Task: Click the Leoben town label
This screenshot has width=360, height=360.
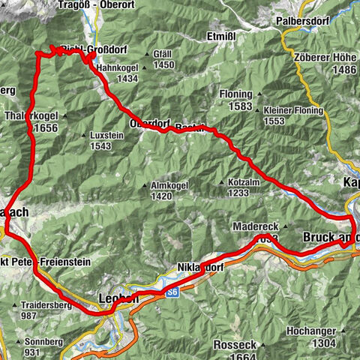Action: click(x=118, y=298)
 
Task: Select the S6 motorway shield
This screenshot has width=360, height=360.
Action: click(x=172, y=292)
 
